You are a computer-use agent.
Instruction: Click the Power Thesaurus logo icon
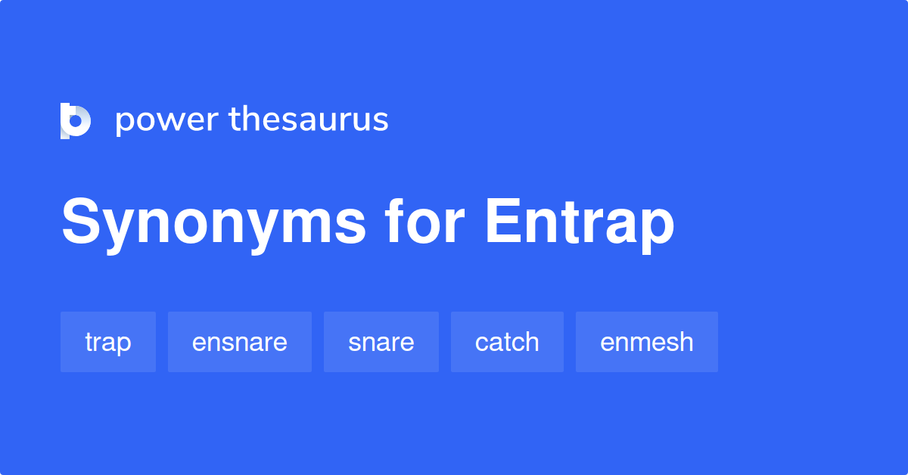tap(76, 120)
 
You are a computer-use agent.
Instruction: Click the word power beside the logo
tap(166, 120)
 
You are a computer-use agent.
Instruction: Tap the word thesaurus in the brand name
tap(309, 120)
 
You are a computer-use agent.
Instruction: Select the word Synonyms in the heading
tap(213, 224)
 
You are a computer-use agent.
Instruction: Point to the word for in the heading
tap(424, 224)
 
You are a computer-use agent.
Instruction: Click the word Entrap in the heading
tap(579, 224)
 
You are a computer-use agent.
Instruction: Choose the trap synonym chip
tap(108, 342)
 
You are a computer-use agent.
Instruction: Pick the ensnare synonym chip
tap(240, 342)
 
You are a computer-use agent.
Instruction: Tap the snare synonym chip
tap(381, 342)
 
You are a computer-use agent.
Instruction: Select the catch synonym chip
tap(507, 342)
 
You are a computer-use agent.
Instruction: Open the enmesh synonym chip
tap(647, 342)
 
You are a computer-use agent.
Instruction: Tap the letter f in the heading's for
tap(394, 222)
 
